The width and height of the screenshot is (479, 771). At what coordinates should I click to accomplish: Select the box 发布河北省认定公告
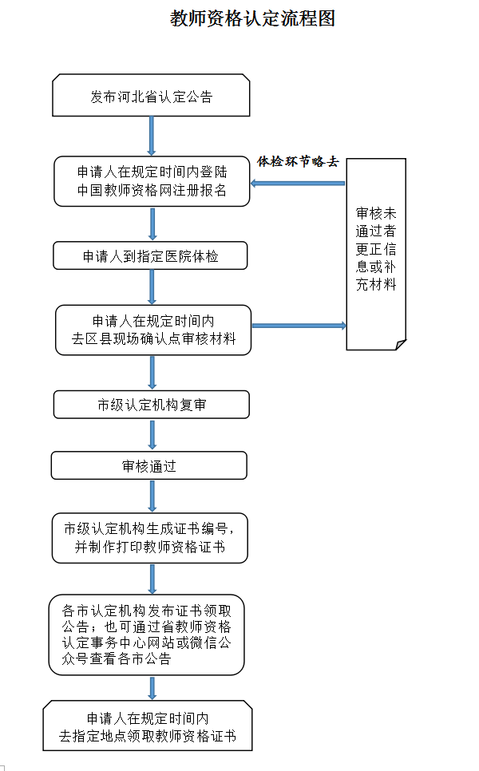(152, 96)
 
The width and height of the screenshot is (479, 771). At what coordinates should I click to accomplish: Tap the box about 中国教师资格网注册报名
(152, 181)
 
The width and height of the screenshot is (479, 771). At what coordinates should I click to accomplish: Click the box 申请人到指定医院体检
(151, 256)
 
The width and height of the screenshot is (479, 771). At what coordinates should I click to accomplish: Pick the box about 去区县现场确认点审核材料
(154, 330)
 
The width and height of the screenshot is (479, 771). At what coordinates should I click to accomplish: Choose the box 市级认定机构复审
(152, 405)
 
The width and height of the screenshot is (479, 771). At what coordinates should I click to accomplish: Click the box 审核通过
(149, 466)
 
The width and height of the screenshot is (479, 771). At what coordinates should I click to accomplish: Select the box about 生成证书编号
(149, 538)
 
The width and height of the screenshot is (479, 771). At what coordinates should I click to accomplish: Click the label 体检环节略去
(298, 162)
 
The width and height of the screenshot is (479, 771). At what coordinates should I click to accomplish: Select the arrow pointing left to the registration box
(298, 184)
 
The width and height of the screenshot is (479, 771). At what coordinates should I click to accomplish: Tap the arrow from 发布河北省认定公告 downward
(152, 136)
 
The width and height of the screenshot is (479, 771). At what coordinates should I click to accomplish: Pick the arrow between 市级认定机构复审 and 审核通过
(152, 435)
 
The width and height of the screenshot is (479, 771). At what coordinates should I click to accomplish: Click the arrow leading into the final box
(152, 687)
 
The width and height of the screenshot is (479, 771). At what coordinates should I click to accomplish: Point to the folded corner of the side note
(400, 344)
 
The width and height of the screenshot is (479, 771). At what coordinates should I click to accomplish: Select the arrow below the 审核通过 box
(152, 496)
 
